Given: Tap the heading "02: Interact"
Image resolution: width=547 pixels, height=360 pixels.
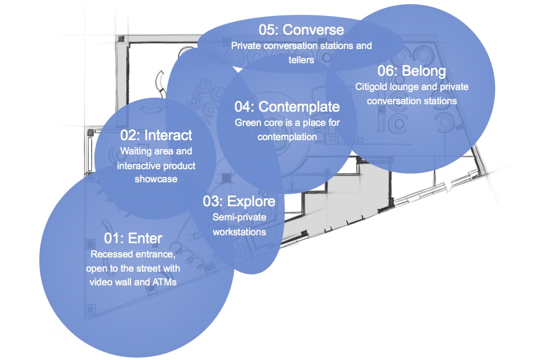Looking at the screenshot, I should coord(156,136).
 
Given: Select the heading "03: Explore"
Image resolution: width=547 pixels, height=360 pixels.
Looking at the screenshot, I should coord(239,202).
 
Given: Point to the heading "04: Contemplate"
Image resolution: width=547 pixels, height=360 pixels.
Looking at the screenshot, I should coord(287,107).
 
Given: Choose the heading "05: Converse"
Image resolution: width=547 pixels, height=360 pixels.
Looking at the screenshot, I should coord(301,29).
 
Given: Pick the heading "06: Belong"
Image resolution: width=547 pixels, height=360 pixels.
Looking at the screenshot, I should coord(411,71).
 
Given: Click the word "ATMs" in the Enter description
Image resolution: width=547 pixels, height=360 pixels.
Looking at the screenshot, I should coord(163,282).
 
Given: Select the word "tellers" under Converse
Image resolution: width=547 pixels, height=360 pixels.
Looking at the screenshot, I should coord(301,59).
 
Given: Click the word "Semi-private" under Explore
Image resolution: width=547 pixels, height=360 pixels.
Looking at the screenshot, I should coord(239,217).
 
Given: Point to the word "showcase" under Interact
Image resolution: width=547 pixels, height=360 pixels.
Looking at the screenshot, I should coord(156,179).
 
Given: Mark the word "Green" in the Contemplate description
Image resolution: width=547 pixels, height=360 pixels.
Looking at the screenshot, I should coord(247,122).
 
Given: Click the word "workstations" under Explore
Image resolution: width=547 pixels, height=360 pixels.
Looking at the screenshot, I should coord(239,232).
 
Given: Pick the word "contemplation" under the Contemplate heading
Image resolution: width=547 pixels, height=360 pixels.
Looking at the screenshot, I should coord(287,137).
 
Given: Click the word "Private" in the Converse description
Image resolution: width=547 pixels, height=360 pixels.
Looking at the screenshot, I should coord(246,45).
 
